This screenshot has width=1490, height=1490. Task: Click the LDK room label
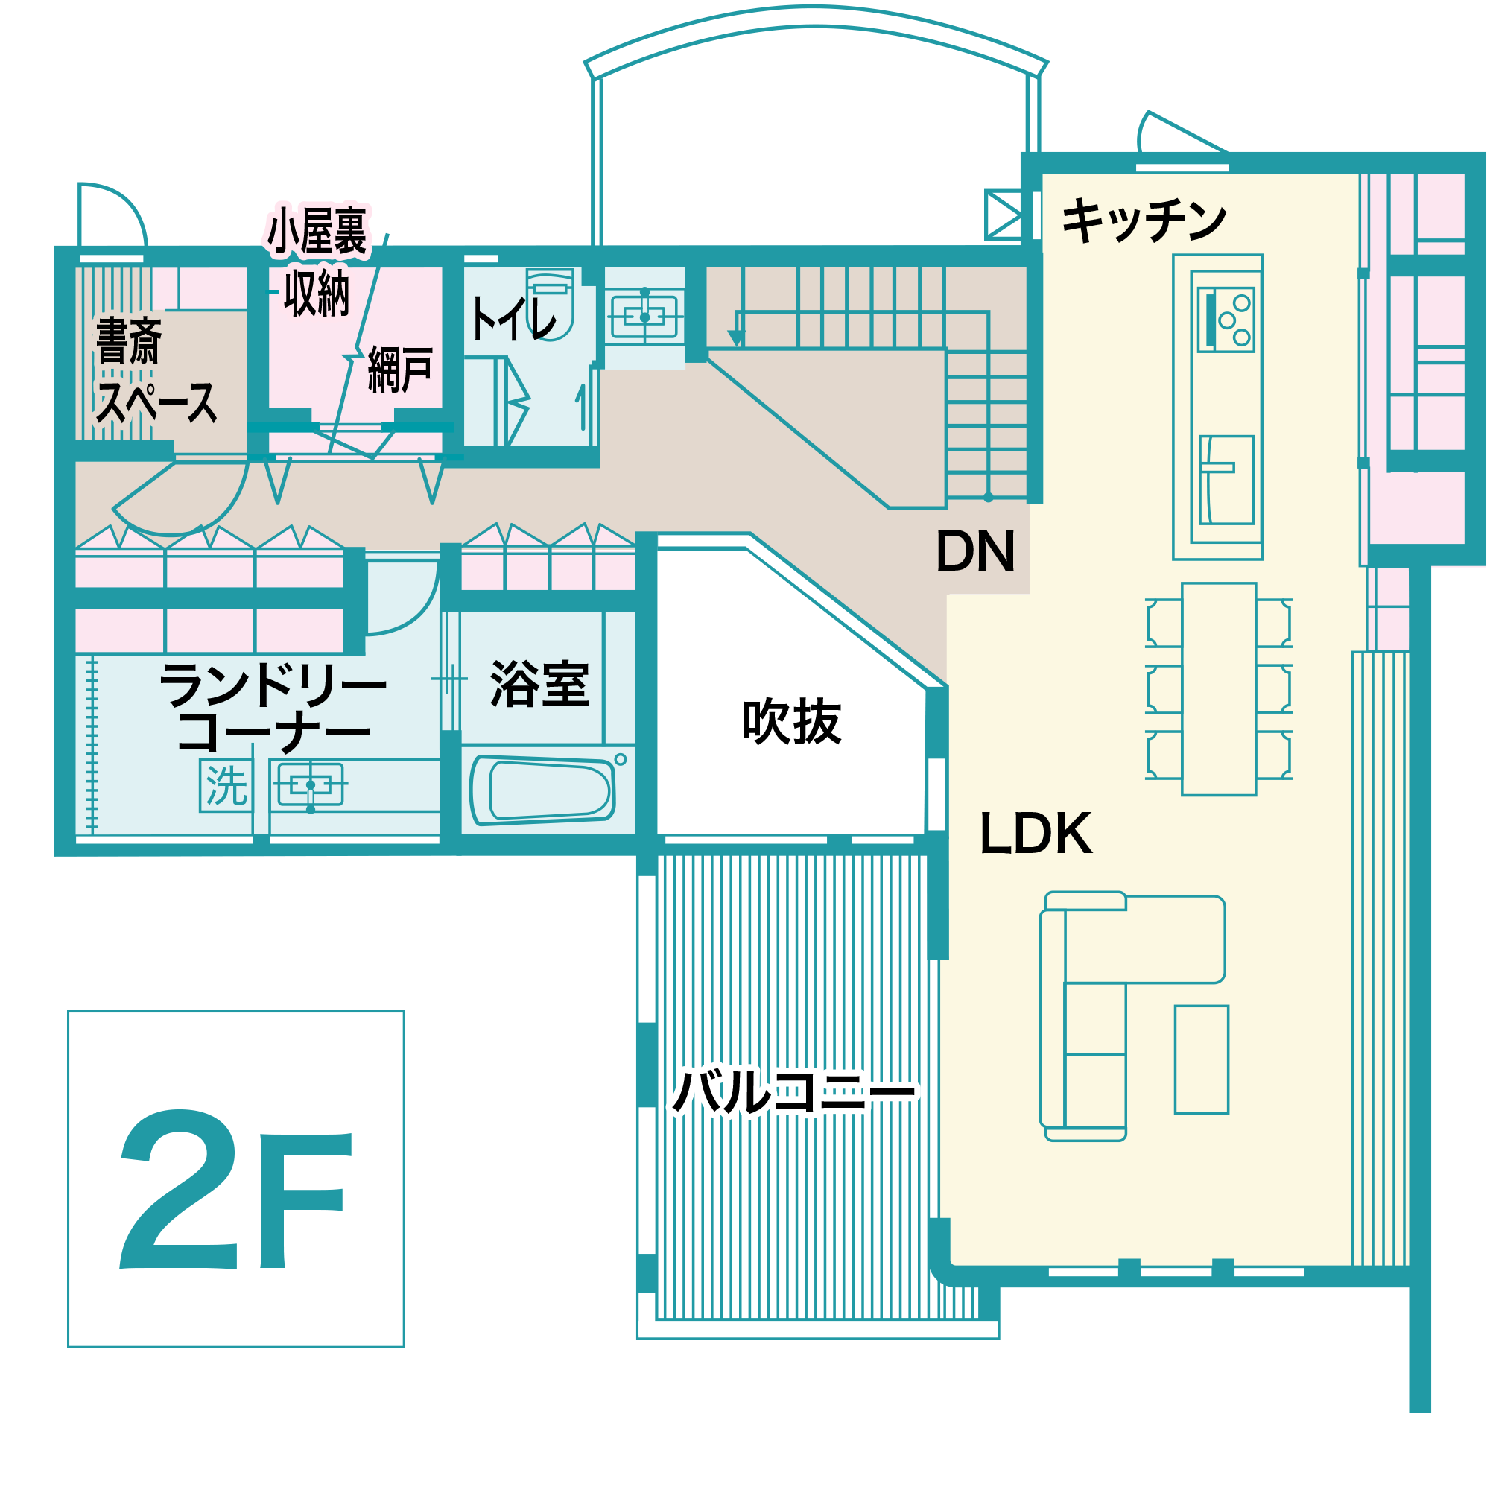[1036, 834]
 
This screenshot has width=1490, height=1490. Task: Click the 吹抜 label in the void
[791, 721]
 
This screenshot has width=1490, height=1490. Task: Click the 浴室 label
[540, 684]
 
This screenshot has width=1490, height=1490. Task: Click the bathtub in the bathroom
[542, 790]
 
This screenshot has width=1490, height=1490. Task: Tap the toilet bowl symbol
[550, 304]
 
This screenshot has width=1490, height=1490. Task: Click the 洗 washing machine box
[226, 785]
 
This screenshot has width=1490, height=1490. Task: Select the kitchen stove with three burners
[1226, 320]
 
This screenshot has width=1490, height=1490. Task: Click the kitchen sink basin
[1226, 480]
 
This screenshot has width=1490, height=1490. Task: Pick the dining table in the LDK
[1220, 689]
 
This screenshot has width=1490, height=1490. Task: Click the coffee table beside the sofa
[1202, 1059]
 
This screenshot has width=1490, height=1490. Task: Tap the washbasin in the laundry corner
[311, 784]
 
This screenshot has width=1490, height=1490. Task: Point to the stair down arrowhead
[737, 338]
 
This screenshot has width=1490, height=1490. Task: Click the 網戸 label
[399, 370]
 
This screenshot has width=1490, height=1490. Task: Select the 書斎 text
[129, 340]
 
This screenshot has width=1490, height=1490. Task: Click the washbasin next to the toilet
[644, 317]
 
